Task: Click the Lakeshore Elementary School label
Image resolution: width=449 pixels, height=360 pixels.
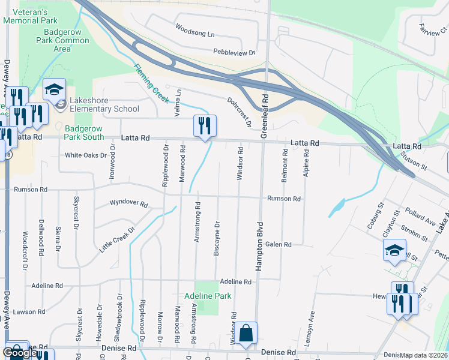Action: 104,104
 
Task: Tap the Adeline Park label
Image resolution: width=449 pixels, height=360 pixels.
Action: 208,296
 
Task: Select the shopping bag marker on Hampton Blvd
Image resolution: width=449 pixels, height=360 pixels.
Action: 246,335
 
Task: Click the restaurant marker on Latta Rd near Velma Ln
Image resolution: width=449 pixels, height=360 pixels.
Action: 205,127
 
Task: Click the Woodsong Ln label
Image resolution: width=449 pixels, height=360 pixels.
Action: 194,30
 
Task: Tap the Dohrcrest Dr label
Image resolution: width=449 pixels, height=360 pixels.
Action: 239,112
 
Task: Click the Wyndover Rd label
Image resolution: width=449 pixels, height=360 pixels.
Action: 128,203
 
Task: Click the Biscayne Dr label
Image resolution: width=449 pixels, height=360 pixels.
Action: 217,239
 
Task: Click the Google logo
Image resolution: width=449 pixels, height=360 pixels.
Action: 20,353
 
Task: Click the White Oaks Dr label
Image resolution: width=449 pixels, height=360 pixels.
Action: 85,155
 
